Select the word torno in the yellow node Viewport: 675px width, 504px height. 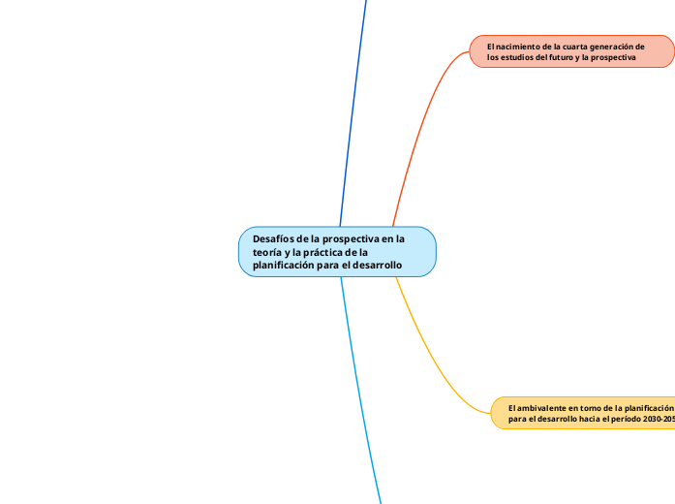(x=589, y=408)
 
